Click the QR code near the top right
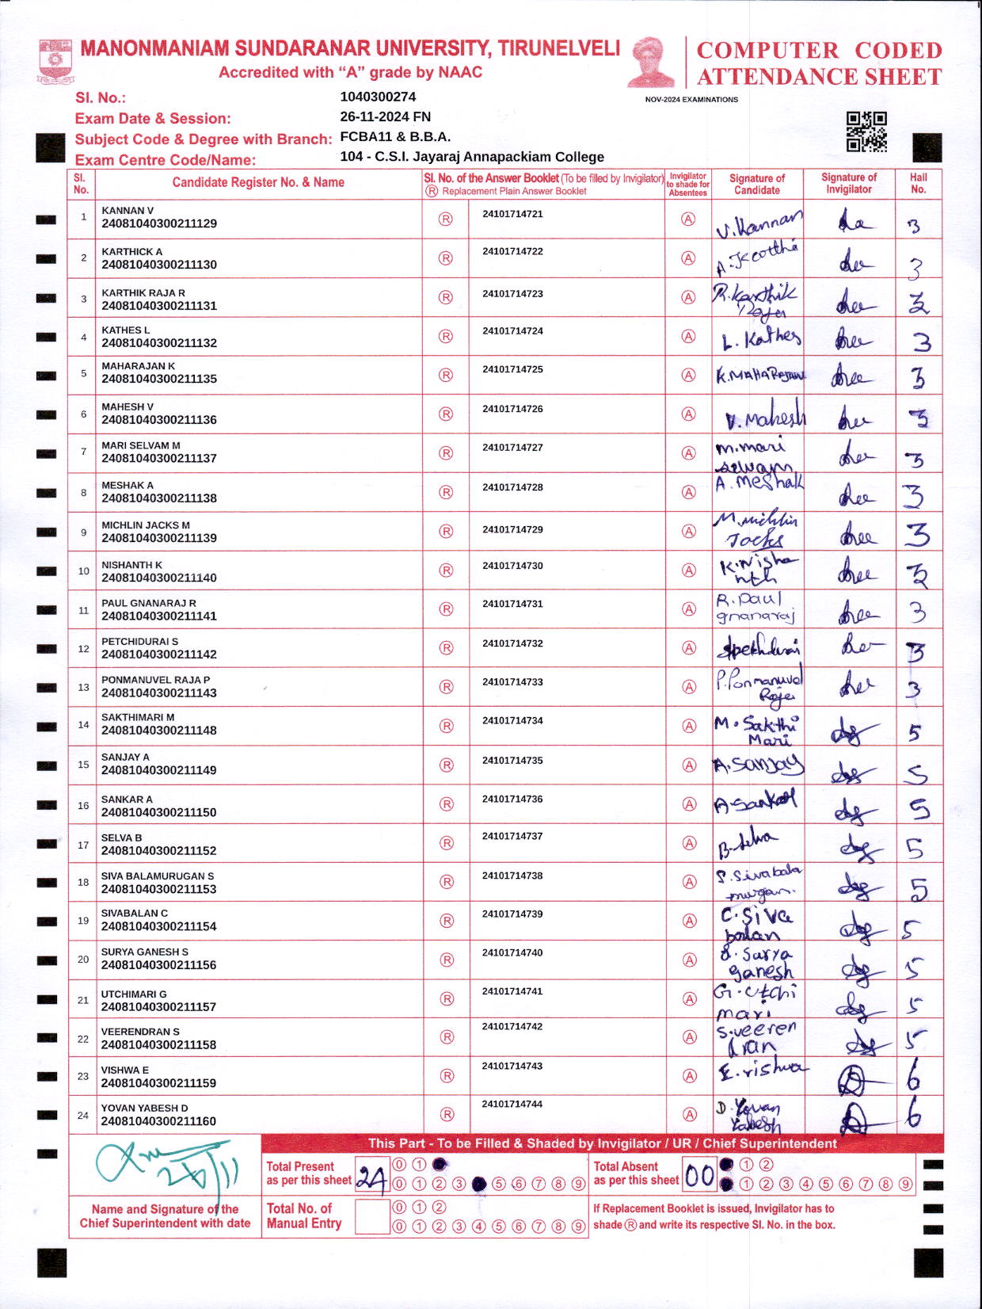pyautogui.click(x=866, y=132)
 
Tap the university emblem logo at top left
pyautogui.click(x=55, y=62)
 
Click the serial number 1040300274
pyautogui.click(x=378, y=97)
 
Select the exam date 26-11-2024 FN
pyautogui.click(x=385, y=116)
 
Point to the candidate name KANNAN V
pyautogui.click(x=128, y=211)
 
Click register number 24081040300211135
pyautogui.click(x=159, y=379)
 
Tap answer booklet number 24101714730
pyautogui.click(x=512, y=566)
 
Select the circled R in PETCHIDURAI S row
pyautogui.click(x=447, y=648)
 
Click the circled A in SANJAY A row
pyautogui.click(x=689, y=765)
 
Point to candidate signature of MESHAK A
pyautogui.click(x=759, y=483)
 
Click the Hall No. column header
pyautogui.click(x=918, y=183)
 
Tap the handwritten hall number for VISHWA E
pyautogui.click(x=914, y=1076)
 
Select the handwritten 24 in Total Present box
pyautogui.click(x=371, y=1177)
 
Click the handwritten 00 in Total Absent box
pyautogui.click(x=699, y=1176)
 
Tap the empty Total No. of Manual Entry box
pyautogui.click(x=371, y=1216)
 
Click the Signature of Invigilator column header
pyautogui.click(x=849, y=183)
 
